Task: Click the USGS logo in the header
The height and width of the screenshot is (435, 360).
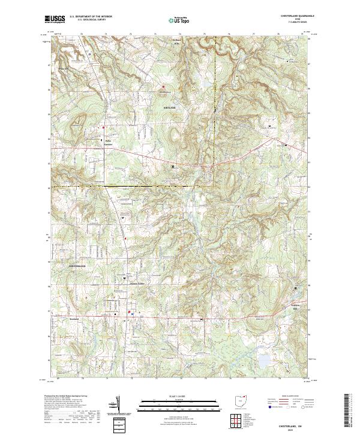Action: [x=55, y=19]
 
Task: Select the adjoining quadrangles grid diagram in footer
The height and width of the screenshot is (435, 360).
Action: [x=237, y=419]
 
